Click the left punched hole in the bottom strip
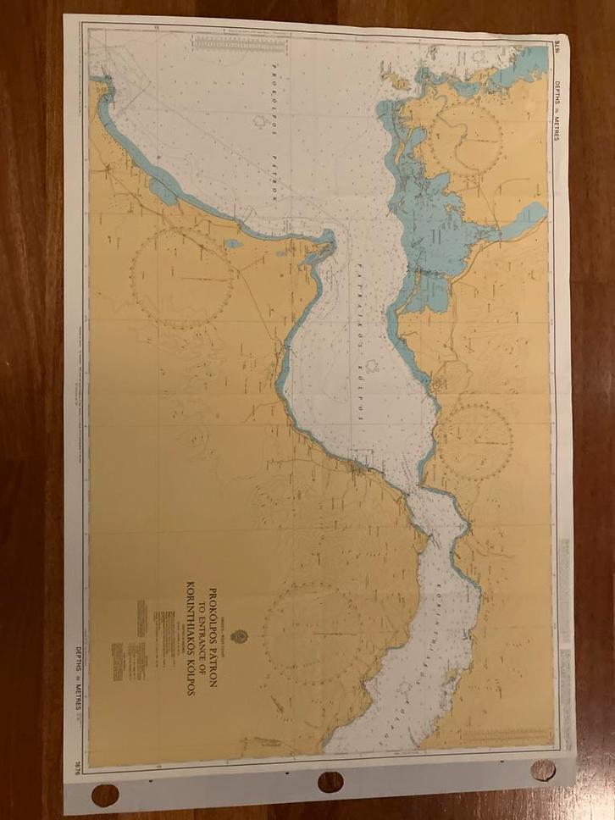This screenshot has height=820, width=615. coord(105,795)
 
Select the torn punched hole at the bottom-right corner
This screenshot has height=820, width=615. coord(543,770)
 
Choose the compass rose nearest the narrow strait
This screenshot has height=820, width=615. coord(474,441)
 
